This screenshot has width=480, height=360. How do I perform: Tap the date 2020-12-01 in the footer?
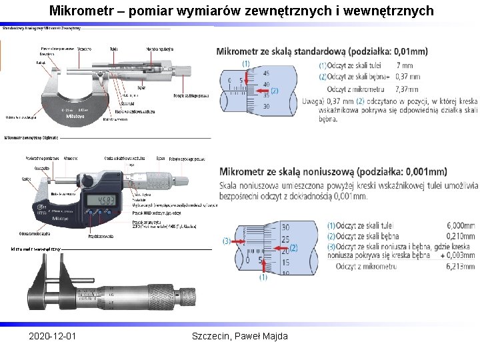52,336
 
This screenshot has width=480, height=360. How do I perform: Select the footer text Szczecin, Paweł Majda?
239,336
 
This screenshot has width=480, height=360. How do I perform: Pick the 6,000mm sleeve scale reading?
461,227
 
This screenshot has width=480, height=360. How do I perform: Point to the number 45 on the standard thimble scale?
267,73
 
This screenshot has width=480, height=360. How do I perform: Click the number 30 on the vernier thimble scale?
285,228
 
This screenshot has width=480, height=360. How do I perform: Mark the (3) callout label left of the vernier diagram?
227,241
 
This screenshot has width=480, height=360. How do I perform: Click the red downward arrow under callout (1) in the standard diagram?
246,77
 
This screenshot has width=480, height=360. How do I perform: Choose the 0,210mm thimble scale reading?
461,237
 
